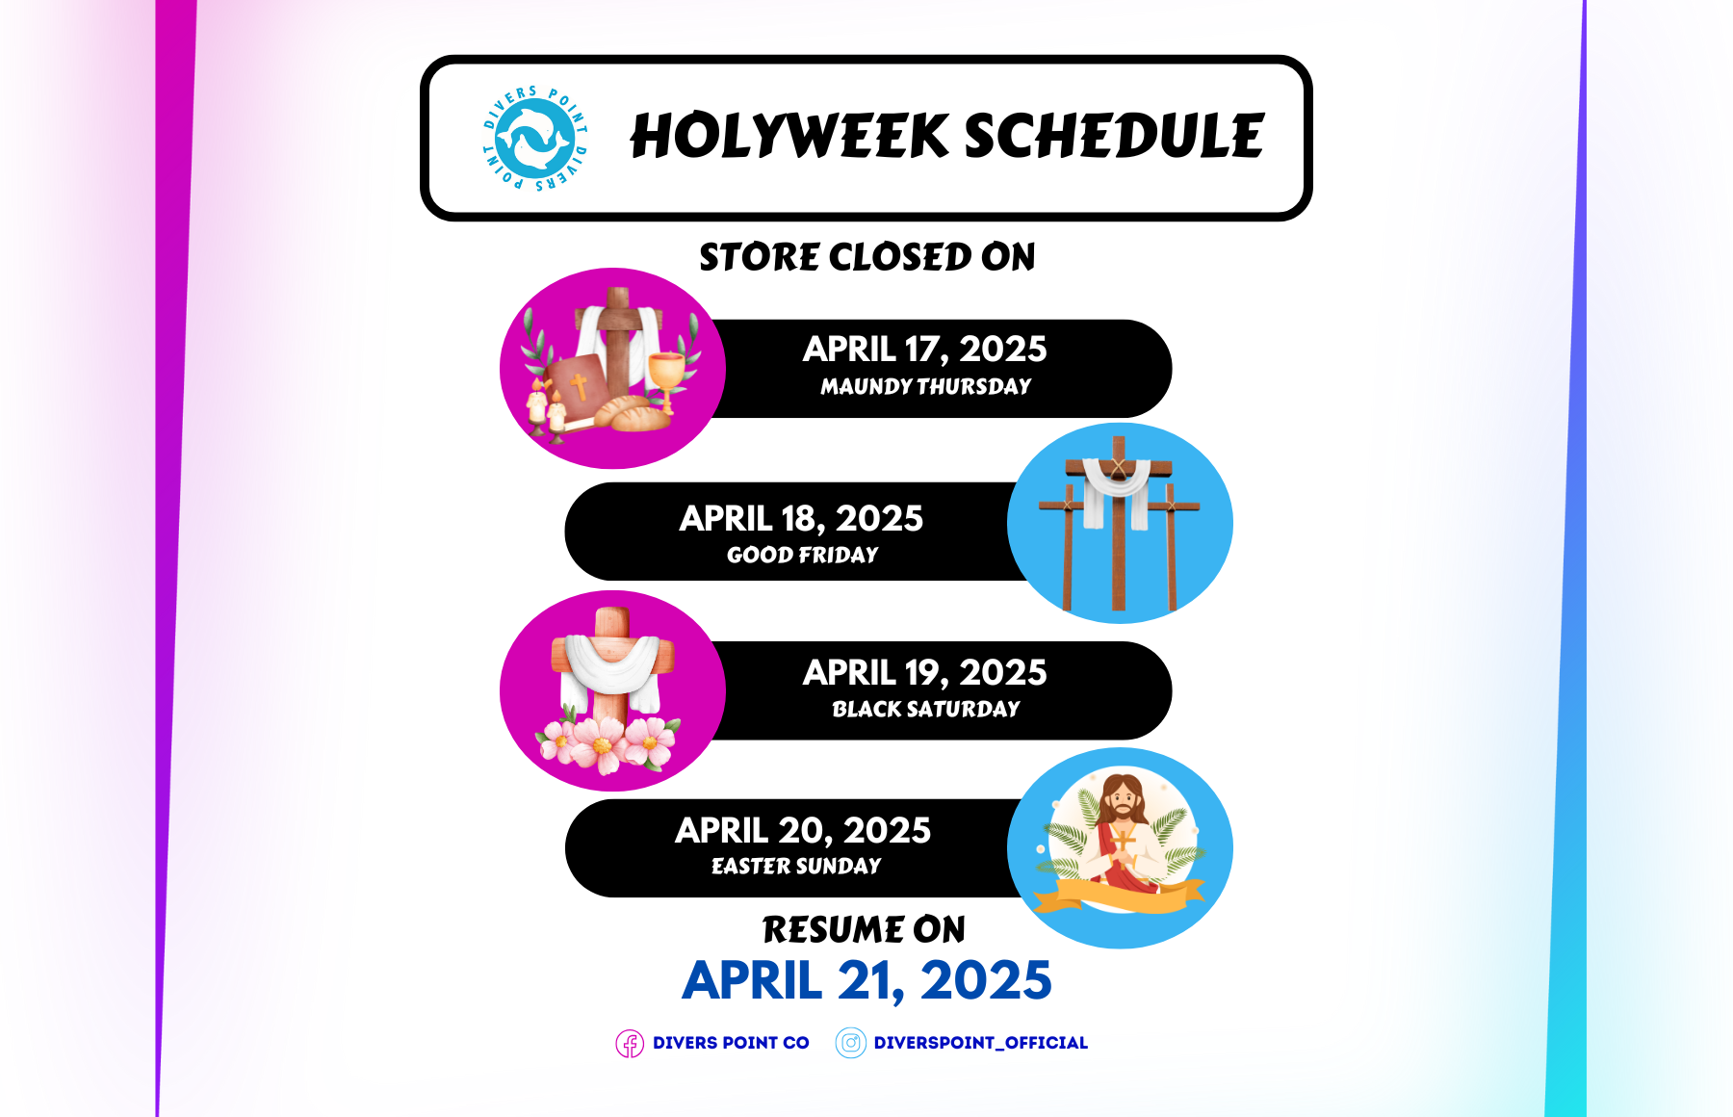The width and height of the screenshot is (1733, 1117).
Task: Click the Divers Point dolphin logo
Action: coord(534,138)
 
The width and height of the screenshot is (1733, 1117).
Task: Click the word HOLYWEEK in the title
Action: coord(789,136)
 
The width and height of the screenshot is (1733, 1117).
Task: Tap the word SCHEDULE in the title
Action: coord(1114,136)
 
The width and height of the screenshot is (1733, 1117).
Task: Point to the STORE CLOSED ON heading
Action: coord(866,257)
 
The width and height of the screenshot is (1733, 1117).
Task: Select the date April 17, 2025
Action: coord(924,349)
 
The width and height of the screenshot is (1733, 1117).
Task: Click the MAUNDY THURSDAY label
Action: coord(925,386)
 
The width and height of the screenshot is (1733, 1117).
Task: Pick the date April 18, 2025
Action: coord(801,518)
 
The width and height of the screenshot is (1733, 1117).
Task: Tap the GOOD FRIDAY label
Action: coord(802,555)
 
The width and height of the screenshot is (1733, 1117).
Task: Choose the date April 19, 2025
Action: coord(924,672)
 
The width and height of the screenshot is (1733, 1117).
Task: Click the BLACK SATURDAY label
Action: coord(925,709)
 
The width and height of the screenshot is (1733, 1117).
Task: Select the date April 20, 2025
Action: coord(803,830)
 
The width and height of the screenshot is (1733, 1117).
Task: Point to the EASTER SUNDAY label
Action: coord(796,866)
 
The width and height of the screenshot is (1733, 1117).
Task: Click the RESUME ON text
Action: coord(864,929)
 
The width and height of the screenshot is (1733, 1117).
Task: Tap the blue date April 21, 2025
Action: coord(866,980)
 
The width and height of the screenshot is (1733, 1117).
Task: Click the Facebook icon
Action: coord(630,1044)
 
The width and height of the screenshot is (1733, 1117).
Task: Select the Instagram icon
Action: coord(851,1043)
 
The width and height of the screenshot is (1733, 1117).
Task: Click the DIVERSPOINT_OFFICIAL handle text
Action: coord(981,1043)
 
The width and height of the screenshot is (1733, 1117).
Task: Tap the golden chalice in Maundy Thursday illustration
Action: coord(666,379)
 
